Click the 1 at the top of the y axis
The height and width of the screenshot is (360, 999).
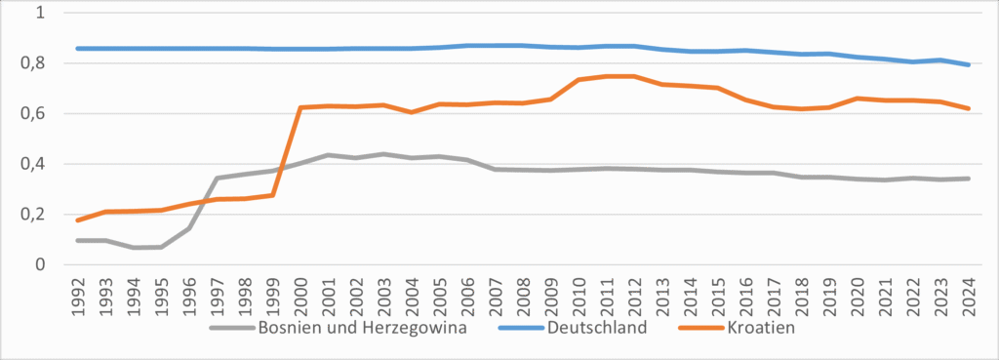[x=40, y=14]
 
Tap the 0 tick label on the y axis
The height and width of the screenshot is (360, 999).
[x=40, y=264]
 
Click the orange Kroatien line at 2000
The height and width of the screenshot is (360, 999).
[x=300, y=107]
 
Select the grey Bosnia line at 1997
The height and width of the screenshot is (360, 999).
[x=217, y=178]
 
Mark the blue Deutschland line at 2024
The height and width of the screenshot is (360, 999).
[x=967, y=65]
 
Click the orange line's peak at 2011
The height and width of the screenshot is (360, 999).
[x=606, y=76]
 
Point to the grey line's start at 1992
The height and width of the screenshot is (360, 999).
[x=77, y=240]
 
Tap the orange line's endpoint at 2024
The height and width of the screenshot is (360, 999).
[x=967, y=108]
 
